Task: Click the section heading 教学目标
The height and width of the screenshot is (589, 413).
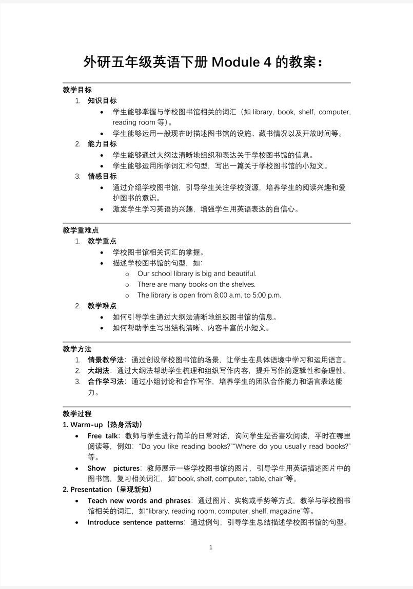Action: click(x=77, y=90)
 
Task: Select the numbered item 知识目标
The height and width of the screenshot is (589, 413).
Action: click(x=102, y=100)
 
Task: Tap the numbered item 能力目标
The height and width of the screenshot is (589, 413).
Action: click(x=102, y=144)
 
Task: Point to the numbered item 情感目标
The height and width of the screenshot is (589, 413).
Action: click(x=102, y=176)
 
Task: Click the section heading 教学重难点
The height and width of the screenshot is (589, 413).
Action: click(x=81, y=230)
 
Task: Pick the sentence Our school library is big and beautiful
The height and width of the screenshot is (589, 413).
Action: click(x=196, y=274)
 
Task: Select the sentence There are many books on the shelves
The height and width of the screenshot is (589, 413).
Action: click(x=196, y=284)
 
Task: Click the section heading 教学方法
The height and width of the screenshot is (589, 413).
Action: click(x=77, y=349)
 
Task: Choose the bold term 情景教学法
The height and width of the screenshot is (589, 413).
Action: click(x=106, y=360)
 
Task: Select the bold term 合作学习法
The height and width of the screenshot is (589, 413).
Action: click(x=106, y=382)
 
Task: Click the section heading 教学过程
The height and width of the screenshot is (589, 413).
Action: click(x=77, y=413)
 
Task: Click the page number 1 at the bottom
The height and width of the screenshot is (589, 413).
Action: click(x=211, y=547)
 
